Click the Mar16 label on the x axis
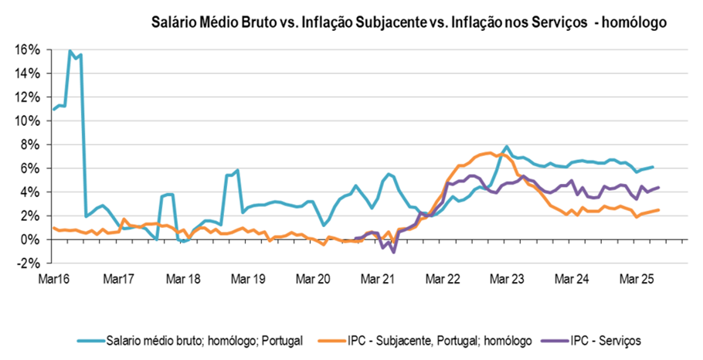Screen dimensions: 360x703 [53, 278]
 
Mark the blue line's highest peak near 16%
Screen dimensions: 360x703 [70, 51]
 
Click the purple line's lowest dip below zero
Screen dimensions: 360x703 [393, 252]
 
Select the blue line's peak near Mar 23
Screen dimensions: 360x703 [507, 146]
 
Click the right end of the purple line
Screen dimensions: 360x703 [658, 187]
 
